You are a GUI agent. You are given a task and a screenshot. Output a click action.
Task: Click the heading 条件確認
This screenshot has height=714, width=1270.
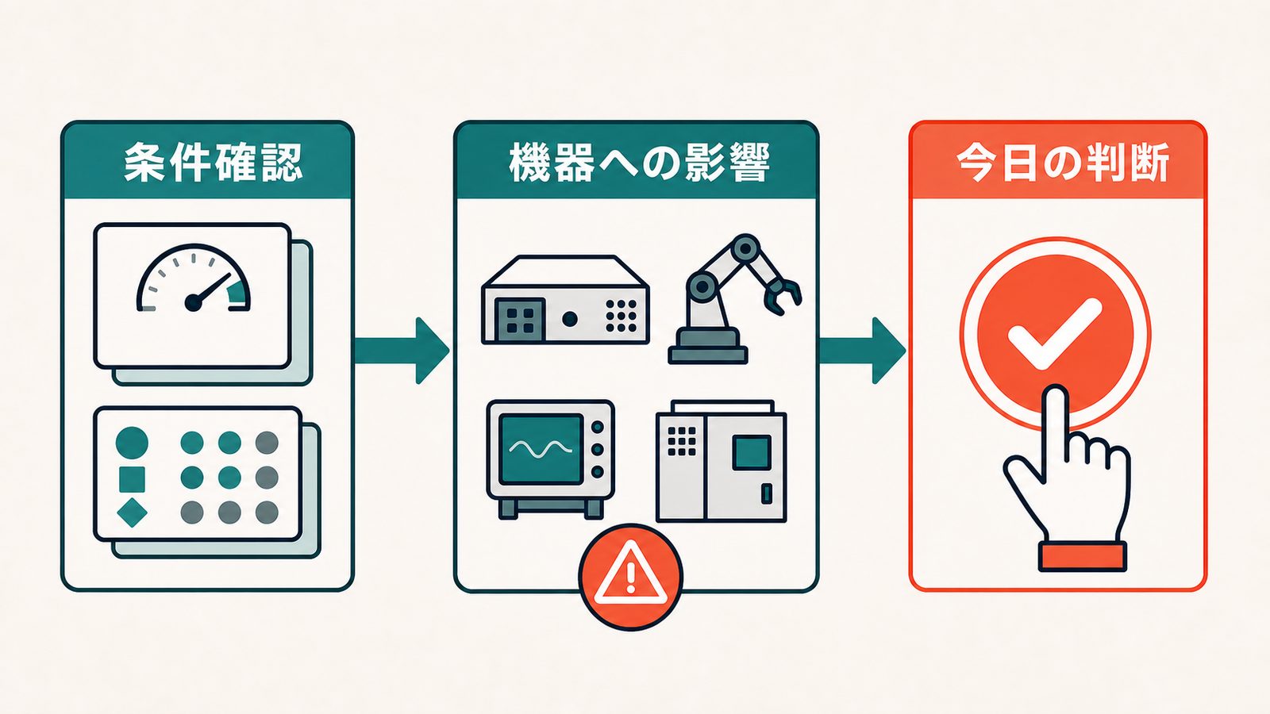(214, 163)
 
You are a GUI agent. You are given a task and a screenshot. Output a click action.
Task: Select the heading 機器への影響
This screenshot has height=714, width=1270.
(639, 163)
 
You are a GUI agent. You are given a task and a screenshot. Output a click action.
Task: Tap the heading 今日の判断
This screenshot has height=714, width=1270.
(1063, 163)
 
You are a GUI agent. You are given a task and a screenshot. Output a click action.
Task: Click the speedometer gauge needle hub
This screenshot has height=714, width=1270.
(194, 303)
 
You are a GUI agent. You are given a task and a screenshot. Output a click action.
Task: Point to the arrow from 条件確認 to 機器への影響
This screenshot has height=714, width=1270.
(402, 350)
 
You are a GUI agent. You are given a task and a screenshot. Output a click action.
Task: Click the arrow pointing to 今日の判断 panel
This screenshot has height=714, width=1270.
(862, 350)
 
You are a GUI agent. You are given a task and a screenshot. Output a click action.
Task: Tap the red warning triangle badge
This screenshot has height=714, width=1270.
(630, 576)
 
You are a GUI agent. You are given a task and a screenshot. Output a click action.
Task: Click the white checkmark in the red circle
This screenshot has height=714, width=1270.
(1055, 334)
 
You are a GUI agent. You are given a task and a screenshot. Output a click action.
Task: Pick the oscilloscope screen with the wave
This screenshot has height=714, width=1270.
(541, 449)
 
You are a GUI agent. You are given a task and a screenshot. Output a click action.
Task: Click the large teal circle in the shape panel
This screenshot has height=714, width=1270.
(132, 443)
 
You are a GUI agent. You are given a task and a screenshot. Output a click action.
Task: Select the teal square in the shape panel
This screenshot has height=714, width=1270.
(132, 479)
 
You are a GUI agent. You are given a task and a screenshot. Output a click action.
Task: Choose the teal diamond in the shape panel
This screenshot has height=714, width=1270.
(132, 512)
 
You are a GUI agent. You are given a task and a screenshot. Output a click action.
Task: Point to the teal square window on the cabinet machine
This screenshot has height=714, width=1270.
(752, 453)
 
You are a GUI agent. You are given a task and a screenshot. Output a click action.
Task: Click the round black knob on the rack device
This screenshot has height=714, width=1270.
(570, 319)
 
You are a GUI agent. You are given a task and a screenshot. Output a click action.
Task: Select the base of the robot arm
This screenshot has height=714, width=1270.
(707, 346)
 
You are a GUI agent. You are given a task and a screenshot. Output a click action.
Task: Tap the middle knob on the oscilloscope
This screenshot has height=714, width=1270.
(597, 449)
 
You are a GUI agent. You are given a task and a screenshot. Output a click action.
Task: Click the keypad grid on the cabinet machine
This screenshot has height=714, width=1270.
(682, 441)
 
